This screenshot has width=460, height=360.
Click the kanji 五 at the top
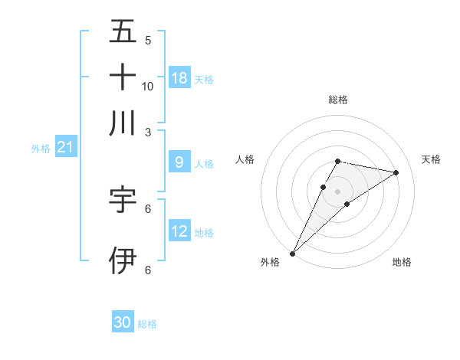coord(123,32)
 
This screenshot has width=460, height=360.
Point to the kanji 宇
coord(123,200)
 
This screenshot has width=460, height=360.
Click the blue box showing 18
coord(179,77)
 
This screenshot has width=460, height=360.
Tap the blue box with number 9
coord(179,162)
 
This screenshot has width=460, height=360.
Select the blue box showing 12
coord(179,231)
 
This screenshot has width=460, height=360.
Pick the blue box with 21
coord(65,147)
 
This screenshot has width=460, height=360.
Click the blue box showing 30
coord(123,322)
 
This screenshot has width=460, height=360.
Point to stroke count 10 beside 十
coord(148,86)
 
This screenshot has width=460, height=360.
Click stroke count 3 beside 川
coord(148,132)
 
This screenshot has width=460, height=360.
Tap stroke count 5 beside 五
coord(148,40)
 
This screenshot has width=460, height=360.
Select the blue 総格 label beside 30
coord(147,324)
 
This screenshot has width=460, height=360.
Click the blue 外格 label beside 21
coord(41,149)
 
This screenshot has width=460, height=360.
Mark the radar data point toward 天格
coord(396,172)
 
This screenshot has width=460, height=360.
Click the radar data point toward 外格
coord(293,253)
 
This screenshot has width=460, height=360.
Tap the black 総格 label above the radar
coord(337,100)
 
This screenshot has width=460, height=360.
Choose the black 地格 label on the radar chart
coord(402,262)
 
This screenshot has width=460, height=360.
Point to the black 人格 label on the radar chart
coord(245,159)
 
